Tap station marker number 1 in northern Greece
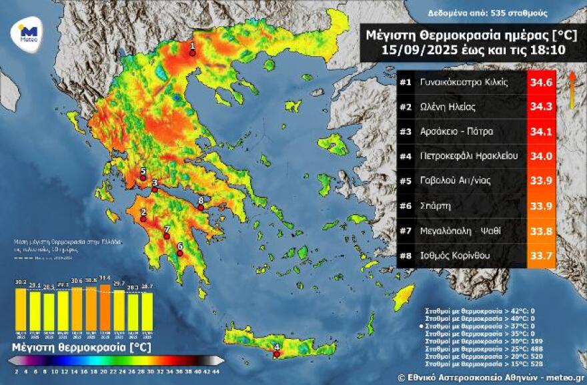(x=192, y=53)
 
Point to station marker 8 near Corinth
(x=201, y=208)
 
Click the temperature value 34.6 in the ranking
(x=540, y=83)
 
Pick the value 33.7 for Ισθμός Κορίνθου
(x=540, y=255)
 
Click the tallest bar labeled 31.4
(x=105, y=307)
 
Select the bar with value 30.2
(x=21, y=309)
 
